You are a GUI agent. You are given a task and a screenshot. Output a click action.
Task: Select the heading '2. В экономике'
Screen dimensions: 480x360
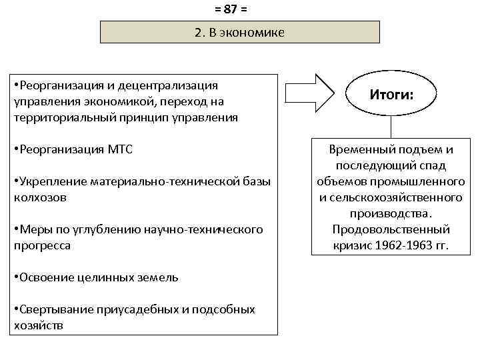tap(239, 32)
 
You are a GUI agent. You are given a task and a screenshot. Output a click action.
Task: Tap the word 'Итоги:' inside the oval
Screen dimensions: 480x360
tap(391, 95)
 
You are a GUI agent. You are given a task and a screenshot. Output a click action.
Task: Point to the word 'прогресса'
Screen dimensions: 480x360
tap(41, 245)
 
